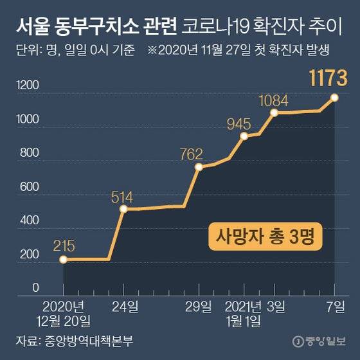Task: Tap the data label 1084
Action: [273, 101]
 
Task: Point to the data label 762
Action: [191, 154]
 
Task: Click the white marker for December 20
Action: [64, 260]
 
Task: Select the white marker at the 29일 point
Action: [198, 167]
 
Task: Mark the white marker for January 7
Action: [335, 98]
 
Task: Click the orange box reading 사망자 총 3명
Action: [265, 237]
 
